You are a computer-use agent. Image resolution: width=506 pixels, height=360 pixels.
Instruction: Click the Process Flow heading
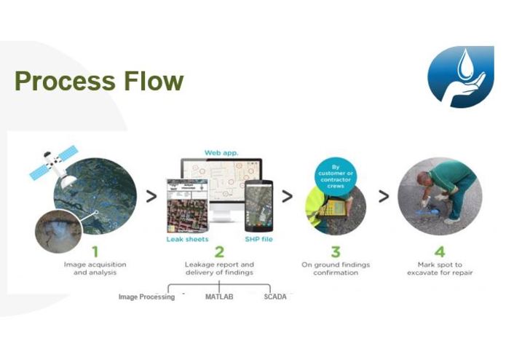(x=98, y=81)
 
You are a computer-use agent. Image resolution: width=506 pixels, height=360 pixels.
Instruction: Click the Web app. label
(x=221, y=153)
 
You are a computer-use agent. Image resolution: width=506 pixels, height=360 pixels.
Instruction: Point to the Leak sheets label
(x=187, y=238)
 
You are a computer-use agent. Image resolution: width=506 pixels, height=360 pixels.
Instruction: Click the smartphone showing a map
(x=258, y=206)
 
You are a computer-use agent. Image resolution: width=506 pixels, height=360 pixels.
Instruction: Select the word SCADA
(x=275, y=297)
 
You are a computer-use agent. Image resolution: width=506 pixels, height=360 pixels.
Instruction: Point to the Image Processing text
(x=146, y=297)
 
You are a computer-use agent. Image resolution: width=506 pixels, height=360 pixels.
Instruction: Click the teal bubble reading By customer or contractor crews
(x=335, y=176)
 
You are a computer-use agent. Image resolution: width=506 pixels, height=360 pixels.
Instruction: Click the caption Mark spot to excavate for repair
(x=439, y=267)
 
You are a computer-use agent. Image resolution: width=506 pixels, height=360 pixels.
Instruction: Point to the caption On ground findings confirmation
(x=335, y=267)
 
